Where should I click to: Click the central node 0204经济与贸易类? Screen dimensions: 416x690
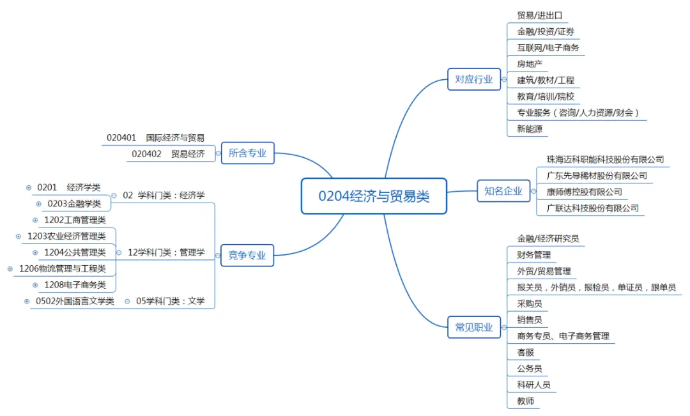(374, 196)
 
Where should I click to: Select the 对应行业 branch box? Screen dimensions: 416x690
(473, 79)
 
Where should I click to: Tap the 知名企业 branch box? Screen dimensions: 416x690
(503, 190)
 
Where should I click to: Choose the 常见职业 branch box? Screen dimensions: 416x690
(473, 327)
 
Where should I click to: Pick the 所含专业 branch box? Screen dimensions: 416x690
(247, 153)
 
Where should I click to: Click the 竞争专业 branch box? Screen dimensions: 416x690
(247, 256)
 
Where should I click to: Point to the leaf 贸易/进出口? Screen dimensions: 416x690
(539, 15)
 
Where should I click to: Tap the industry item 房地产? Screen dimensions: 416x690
(530, 63)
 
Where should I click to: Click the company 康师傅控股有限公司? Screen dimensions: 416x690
(584, 192)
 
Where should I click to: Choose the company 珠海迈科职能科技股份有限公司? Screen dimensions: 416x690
(605, 159)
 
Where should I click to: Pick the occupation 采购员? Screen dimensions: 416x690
(530, 303)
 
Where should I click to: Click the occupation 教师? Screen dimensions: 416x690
(525, 401)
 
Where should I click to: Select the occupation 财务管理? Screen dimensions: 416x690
(533, 254)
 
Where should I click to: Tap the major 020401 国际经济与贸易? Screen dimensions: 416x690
(156, 137)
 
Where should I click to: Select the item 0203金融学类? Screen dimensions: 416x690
(74, 204)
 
